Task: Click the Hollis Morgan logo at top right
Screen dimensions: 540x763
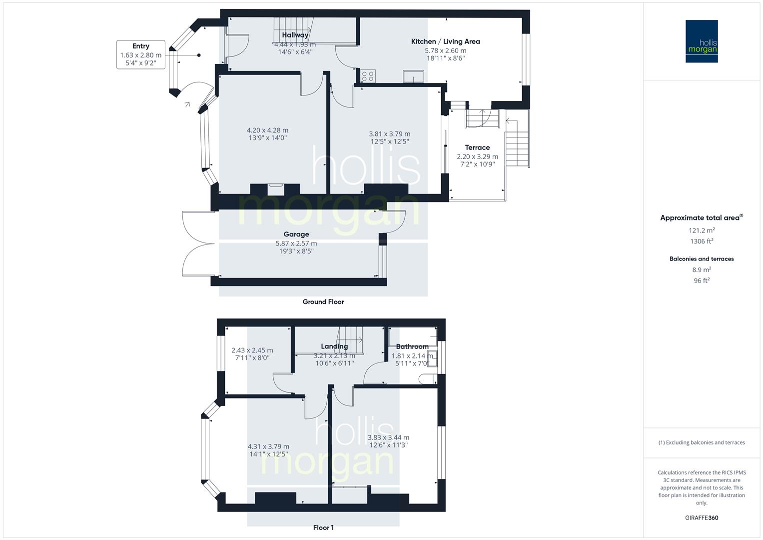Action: point(702,41)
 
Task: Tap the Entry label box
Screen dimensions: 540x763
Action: point(141,54)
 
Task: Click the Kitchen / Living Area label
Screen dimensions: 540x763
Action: point(445,41)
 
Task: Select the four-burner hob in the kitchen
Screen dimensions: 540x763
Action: point(368,76)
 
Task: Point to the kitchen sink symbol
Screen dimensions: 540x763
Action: point(414,76)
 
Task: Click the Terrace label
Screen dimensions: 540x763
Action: point(477,147)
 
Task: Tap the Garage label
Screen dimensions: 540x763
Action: point(296,234)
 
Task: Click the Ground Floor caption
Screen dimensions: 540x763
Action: point(323,301)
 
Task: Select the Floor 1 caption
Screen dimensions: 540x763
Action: point(323,527)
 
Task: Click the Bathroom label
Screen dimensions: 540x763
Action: point(412,346)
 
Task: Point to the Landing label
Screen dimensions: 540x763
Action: point(334,346)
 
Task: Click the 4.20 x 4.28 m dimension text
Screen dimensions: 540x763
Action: point(268,130)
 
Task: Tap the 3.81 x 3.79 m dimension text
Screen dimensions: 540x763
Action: point(389,133)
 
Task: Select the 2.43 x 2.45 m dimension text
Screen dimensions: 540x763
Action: point(252,350)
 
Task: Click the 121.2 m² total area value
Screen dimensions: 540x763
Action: point(702,230)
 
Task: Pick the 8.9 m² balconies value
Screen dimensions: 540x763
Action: point(702,269)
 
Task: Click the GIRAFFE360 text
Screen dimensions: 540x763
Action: point(702,517)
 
